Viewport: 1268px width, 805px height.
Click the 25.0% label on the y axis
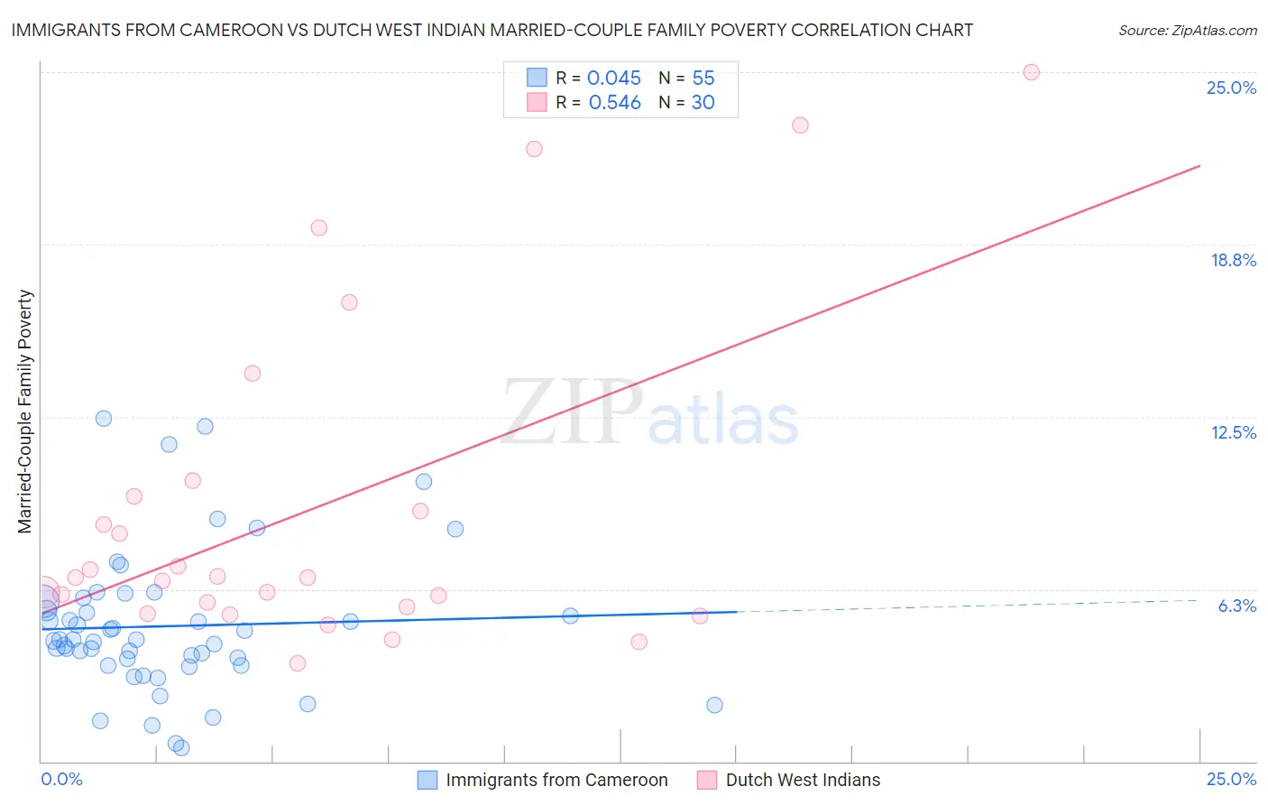1231,88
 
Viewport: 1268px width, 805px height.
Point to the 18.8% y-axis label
1233,260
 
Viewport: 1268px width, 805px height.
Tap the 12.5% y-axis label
1233,432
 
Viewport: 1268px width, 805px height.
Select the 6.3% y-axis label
1236,606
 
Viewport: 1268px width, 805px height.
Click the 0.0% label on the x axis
61,779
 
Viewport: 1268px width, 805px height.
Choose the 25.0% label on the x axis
1231,779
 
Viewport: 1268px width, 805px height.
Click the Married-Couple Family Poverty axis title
25,412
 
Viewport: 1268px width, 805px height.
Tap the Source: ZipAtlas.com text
1187,31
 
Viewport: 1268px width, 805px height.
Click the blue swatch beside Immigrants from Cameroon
427,780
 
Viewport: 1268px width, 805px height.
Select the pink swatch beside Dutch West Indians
707,780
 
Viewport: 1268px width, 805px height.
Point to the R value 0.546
614,103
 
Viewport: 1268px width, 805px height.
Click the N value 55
703,79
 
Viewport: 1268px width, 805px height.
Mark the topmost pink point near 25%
1031,72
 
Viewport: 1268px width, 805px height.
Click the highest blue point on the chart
104,418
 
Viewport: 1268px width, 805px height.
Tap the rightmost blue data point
714,705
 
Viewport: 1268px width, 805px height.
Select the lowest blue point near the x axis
181,747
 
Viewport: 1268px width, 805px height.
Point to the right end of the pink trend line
1199,166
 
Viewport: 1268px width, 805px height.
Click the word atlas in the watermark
723,421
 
